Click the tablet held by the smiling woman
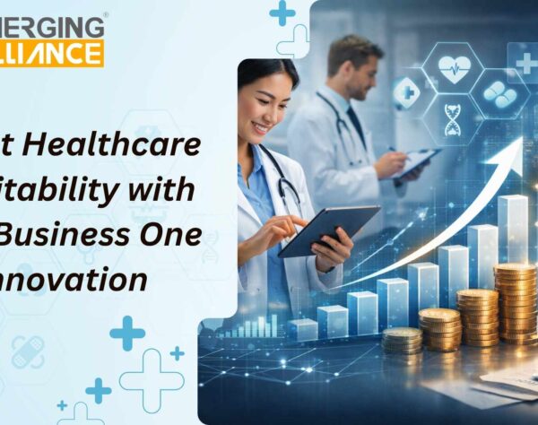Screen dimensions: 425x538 [327, 230]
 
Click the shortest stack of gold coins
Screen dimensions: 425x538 [402, 341]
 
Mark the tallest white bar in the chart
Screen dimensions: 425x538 [512, 230]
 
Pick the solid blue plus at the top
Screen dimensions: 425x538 [282, 13]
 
